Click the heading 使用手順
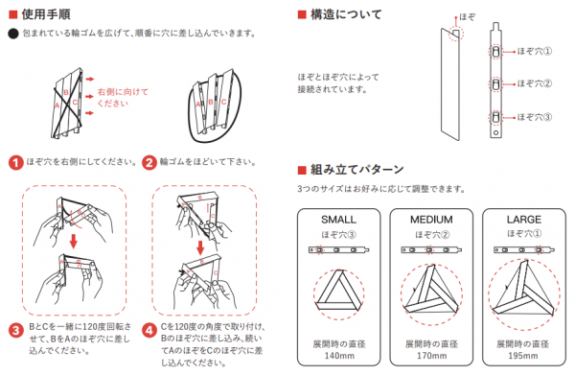click(46, 14)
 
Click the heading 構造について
click(346, 14)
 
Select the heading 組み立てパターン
click(356, 170)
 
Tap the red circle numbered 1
click(15, 162)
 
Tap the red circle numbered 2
click(149, 162)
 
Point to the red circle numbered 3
click(15, 330)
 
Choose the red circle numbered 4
click(149, 330)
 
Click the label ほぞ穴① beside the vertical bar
click(535, 52)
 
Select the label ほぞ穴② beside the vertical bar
click(535, 83)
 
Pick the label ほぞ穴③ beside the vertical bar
click(535, 117)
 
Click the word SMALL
click(339, 220)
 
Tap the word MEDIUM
click(431, 220)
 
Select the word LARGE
click(524, 220)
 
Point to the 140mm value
click(339, 356)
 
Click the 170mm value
click(431, 356)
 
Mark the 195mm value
click(523, 356)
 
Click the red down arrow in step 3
click(74, 241)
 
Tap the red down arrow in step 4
click(200, 247)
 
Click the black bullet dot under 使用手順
click(13, 34)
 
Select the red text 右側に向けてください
click(123, 97)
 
